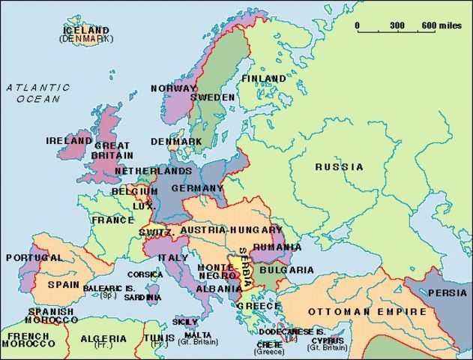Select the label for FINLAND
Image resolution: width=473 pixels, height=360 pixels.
(263, 78)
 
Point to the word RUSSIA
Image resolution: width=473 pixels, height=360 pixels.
(339, 166)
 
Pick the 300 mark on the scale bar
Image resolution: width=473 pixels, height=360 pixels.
(397, 25)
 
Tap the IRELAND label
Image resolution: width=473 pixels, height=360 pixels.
(68, 140)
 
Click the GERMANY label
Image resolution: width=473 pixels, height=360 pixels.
(198, 188)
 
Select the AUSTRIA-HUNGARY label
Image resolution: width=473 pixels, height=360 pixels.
(232, 229)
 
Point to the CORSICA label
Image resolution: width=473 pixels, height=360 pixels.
(145, 274)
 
